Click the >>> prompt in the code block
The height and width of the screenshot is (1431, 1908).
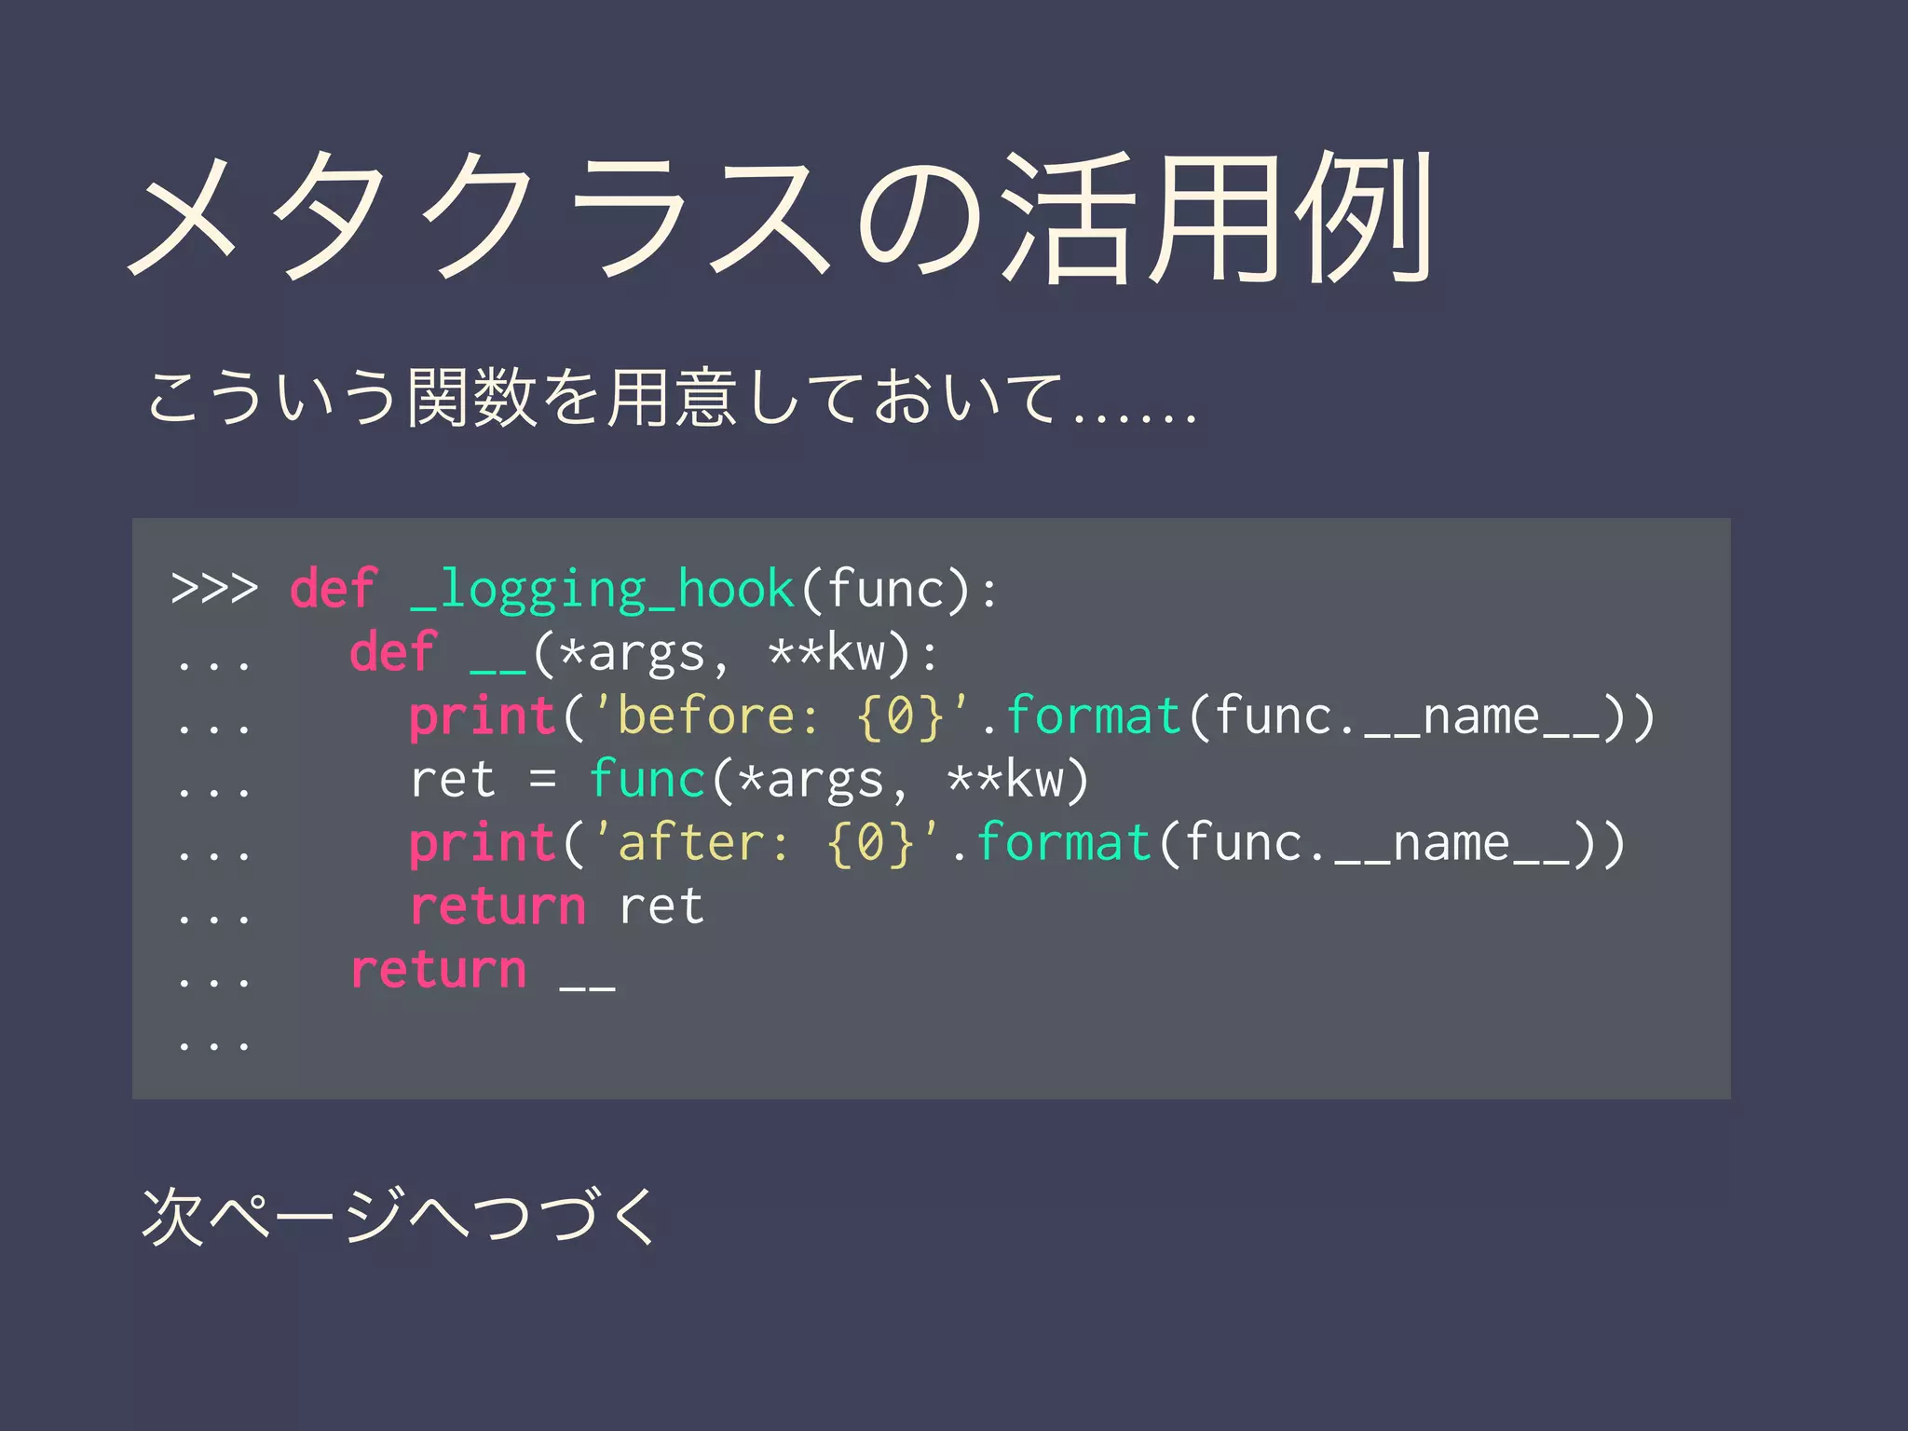pos(214,589)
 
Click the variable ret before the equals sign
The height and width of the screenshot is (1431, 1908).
pos(453,781)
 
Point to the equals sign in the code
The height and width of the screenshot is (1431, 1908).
pos(543,779)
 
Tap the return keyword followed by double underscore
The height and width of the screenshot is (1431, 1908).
pos(438,970)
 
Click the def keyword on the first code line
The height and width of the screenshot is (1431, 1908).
pos(333,589)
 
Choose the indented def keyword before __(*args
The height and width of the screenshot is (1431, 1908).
pos(392,652)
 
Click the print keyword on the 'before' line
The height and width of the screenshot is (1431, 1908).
pos(483,717)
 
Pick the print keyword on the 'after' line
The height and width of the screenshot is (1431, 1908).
pos(483,844)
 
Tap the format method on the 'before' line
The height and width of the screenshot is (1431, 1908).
pos(1094,716)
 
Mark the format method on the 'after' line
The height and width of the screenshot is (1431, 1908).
pos(1064,843)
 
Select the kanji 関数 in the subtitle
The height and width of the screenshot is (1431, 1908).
pos(472,399)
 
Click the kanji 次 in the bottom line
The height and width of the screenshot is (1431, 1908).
pos(173,1217)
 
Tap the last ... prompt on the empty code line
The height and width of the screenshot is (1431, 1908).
pos(214,1042)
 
